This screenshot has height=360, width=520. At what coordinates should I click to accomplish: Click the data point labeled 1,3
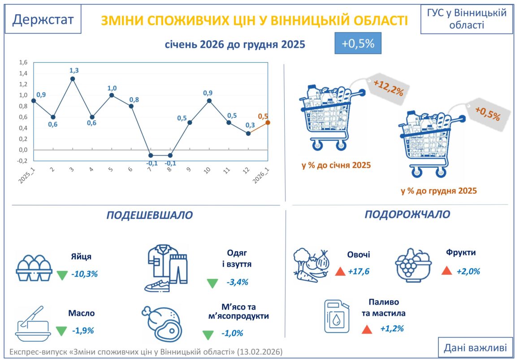point(73,79)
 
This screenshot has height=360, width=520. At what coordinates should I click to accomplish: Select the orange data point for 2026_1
point(268,122)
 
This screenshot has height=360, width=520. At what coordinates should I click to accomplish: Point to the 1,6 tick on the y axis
point(23,62)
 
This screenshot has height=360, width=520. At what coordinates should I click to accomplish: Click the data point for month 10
point(209,101)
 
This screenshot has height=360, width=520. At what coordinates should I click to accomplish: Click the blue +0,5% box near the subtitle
point(358,43)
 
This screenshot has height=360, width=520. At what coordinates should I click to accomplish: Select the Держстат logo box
point(43,19)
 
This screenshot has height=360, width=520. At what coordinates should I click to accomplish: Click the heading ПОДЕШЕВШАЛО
point(150,215)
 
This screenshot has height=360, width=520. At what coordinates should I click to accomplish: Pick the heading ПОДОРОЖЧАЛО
point(407,214)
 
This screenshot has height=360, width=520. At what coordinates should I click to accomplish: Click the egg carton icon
point(34,268)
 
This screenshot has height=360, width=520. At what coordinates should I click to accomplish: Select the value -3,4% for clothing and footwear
point(238,282)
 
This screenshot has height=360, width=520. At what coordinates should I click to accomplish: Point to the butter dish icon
point(32,324)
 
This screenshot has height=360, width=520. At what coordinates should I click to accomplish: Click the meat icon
point(161,323)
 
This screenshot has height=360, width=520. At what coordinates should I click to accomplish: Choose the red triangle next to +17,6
point(340,271)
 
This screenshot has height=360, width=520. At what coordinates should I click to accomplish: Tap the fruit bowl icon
point(413,265)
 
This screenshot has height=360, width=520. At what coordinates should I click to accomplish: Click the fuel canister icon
point(337,316)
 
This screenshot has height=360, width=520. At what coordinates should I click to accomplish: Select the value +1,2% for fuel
point(392,329)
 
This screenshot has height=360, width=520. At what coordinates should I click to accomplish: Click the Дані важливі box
point(475,347)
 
